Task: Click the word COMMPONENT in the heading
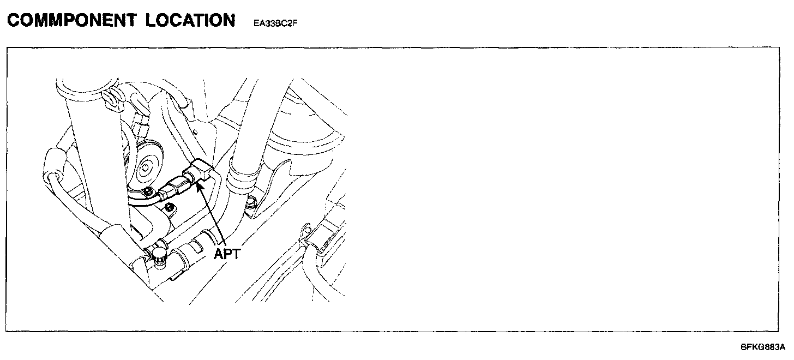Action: click(x=70, y=21)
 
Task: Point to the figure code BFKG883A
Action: click(x=762, y=347)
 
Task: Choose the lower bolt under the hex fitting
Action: click(x=170, y=207)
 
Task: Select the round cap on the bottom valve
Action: click(x=158, y=253)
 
